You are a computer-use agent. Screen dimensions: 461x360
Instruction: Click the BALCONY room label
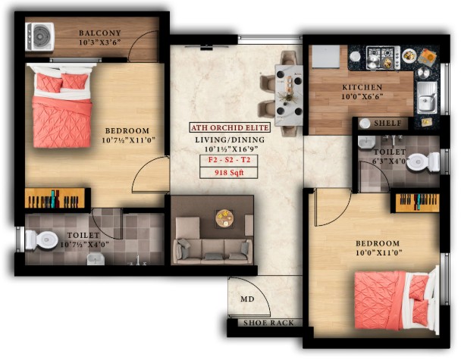100,33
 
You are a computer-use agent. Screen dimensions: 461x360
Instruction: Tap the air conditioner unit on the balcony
39,36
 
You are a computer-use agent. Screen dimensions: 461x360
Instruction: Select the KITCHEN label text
362,87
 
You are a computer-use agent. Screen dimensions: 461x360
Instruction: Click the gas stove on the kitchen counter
384,58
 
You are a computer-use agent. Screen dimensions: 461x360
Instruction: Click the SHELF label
387,123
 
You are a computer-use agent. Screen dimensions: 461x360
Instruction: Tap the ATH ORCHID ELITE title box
230,127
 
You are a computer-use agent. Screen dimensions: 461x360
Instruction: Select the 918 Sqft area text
229,173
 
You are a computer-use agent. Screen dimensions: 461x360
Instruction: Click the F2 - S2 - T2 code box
229,161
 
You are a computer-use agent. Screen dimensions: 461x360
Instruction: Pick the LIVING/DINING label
230,140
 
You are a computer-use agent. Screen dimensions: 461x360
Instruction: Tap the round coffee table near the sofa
224,218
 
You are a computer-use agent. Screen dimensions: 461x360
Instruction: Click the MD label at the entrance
247,299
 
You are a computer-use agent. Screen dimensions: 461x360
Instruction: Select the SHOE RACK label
268,323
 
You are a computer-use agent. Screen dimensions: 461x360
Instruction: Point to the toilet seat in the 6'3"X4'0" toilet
422,162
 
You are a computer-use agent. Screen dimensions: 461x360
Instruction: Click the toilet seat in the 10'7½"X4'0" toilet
42,239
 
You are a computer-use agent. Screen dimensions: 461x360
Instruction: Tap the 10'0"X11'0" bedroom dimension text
378,252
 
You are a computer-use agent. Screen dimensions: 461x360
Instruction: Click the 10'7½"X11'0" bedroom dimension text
128,140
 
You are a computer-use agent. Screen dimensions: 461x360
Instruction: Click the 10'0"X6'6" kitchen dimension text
362,96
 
